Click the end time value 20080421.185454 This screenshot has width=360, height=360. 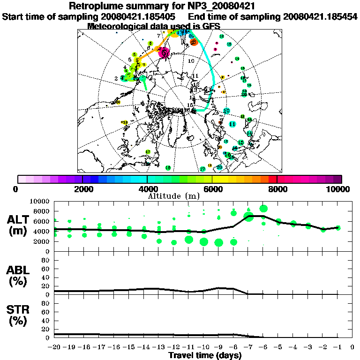tap(320, 16)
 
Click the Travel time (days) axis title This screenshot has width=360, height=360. tap(205, 355)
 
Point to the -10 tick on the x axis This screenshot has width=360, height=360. tap(203, 347)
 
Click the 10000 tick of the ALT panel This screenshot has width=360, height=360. tap(40, 202)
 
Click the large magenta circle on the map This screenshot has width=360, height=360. tap(165, 53)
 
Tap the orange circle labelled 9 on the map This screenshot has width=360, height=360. tap(194, 43)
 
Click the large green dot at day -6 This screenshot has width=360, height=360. tap(263, 209)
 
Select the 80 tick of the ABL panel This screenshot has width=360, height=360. tap(46, 260)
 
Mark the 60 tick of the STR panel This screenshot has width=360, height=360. tap(46, 312)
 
